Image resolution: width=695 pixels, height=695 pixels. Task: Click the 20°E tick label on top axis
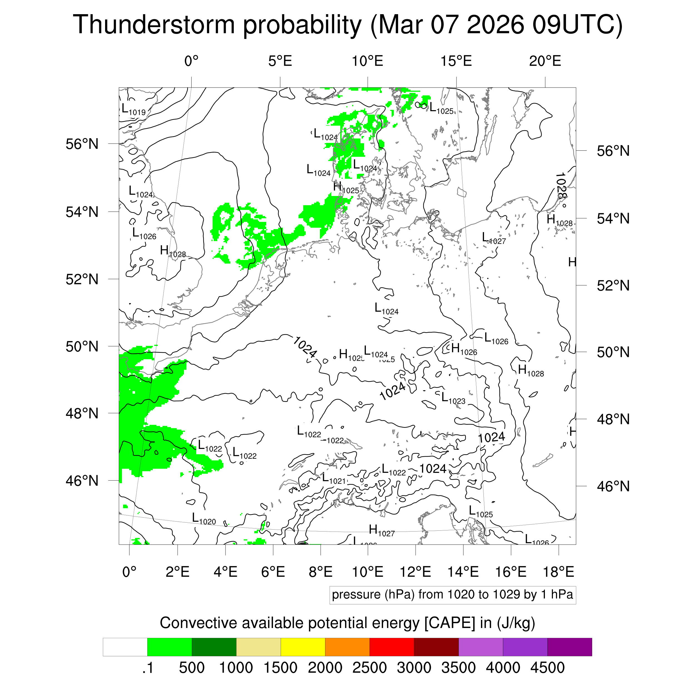(x=545, y=61)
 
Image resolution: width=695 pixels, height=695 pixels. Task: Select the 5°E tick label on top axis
(x=280, y=61)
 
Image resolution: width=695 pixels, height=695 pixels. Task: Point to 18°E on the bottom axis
(x=558, y=572)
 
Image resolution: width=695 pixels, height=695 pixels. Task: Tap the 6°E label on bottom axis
(x=273, y=572)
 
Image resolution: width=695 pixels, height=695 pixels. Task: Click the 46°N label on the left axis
(x=82, y=481)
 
